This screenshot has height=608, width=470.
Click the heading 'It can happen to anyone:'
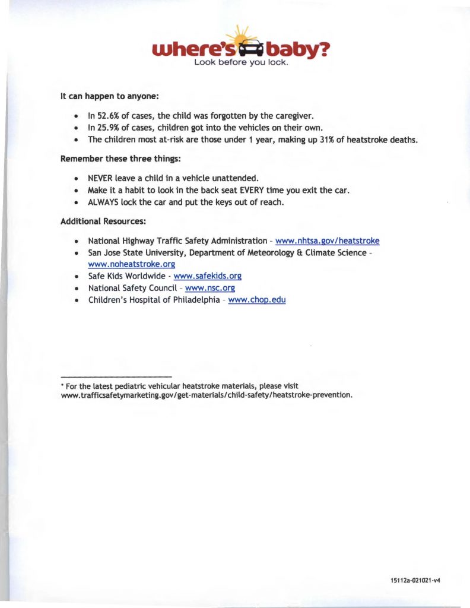110,95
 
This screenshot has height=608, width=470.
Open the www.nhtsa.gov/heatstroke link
328,240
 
